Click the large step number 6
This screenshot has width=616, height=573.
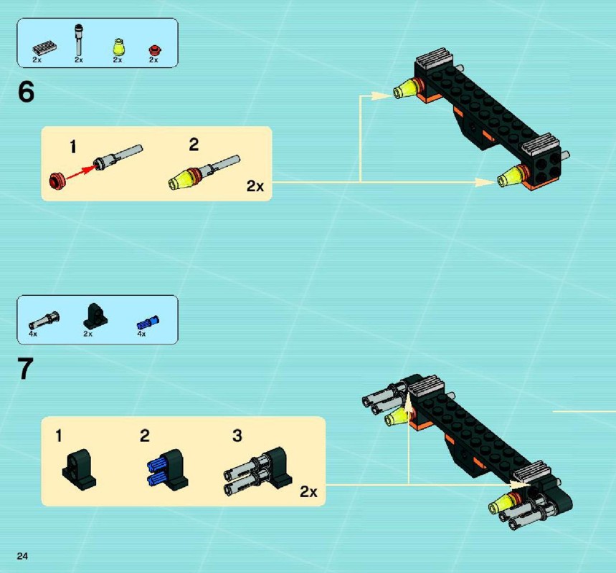pos(26,92)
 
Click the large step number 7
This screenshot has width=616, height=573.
pos(26,369)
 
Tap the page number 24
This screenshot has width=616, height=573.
pos(22,556)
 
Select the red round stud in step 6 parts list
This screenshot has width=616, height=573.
pos(155,50)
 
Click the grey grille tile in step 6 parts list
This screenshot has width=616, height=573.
pos(44,47)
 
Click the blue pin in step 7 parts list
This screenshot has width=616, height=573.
pos(148,322)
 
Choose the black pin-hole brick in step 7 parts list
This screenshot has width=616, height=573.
pos(95,316)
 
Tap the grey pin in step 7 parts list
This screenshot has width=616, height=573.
pos(44,320)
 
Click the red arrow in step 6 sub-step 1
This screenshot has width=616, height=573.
pos(81,173)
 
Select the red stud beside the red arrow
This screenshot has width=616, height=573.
pos(57,180)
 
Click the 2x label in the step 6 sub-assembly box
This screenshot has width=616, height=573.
pos(255,186)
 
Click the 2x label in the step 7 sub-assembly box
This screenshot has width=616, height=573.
pos(308,491)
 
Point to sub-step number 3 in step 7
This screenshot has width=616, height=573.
pos(237,435)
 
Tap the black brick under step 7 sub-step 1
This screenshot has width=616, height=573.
pos(79,470)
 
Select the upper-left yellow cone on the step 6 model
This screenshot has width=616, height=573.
pos(405,89)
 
